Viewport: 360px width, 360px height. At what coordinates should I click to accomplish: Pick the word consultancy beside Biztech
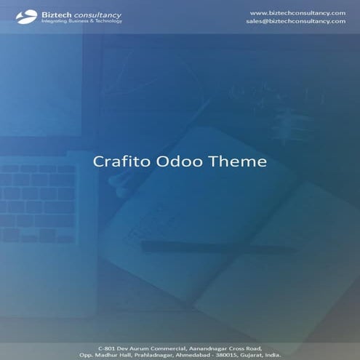pyautogui.click(x=99, y=14)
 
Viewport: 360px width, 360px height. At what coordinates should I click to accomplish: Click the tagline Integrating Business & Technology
pyautogui.click(x=81, y=21)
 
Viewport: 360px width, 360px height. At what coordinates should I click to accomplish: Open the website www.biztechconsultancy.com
pyautogui.click(x=297, y=12)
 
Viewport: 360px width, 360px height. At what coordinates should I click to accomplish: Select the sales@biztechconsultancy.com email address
pyautogui.click(x=295, y=21)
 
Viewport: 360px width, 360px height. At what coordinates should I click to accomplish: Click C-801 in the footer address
pyautogui.click(x=117, y=348)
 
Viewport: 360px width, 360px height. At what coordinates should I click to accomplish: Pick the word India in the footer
pyautogui.click(x=273, y=355)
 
